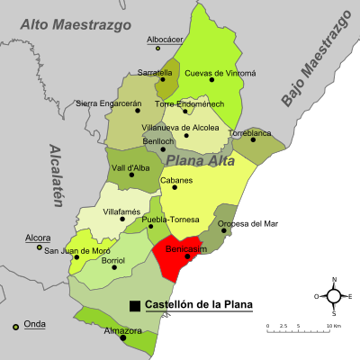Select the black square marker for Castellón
click(x=135, y=306)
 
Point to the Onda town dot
click(x=15, y=327)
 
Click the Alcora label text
click(x=38, y=238)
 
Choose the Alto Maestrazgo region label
click(x=76, y=24)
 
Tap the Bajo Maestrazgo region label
click(x=314, y=58)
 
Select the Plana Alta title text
click(x=200, y=161)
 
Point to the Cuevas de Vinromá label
click(x=220, y=72)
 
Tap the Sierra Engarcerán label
click(x=108, y=103)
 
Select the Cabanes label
click(x=175, y=180)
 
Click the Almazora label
click(x=122, y=331)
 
